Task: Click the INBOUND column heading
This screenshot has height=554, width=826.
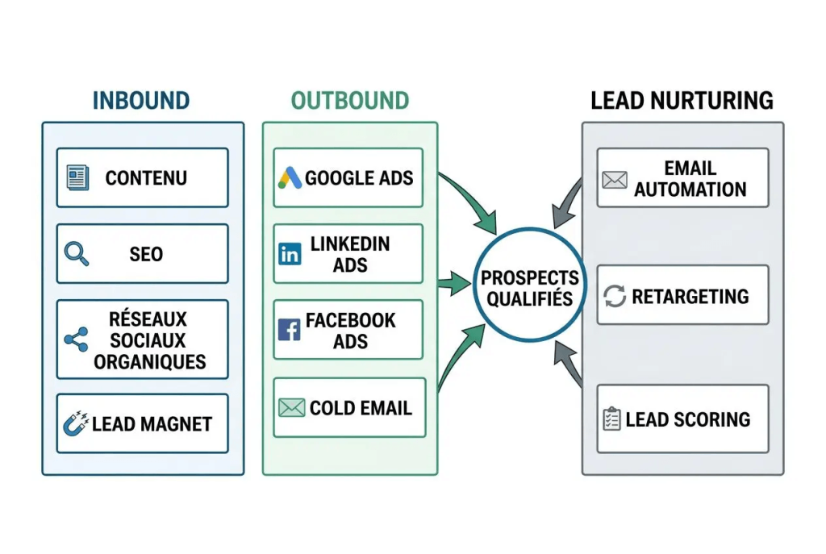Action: pos(141,101)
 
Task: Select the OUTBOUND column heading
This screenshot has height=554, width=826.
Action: pos(350,101)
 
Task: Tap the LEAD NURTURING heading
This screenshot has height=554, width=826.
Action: pos(682,101)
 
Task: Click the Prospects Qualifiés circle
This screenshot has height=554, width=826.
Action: pos(530,287)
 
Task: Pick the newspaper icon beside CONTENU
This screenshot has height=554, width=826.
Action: pos(77,177)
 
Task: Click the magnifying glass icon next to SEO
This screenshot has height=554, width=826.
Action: pos(77,254)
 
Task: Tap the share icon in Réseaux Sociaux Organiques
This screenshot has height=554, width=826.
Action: pos(76,339)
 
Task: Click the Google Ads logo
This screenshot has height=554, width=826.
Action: pos(290,178)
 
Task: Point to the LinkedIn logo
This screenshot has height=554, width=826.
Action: pos(289,254)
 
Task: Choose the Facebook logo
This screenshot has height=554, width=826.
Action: pos(289,330)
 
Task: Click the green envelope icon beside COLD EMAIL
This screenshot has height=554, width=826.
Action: pos(290,408)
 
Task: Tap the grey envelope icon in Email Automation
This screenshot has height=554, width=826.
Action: pos(615,179)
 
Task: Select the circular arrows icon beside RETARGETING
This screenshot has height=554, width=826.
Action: pos(615,296)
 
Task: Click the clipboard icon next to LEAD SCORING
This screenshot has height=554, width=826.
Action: pos(612,419)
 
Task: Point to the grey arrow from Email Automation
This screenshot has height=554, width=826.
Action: pos(566,201)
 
